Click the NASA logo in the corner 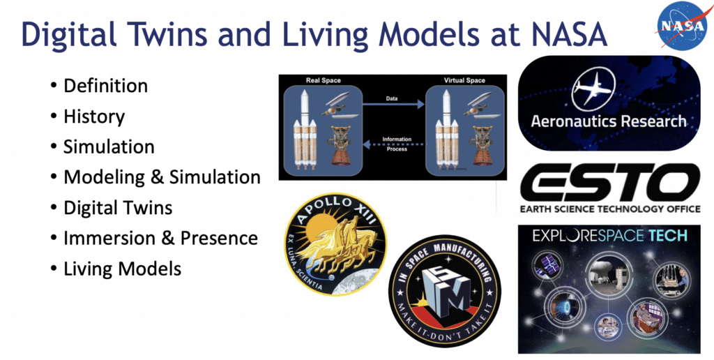coord(681,26)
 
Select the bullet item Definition coord(106,86)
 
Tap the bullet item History coord(94,117)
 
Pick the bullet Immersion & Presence coord(161,238)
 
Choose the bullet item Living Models coord(122,269)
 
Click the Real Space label coord(324,81)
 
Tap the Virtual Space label coord(464,81)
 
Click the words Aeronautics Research coord(609,121)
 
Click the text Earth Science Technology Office coord(611,209)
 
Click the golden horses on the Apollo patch coord(335,246)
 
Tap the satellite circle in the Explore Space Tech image coord(547,266)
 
